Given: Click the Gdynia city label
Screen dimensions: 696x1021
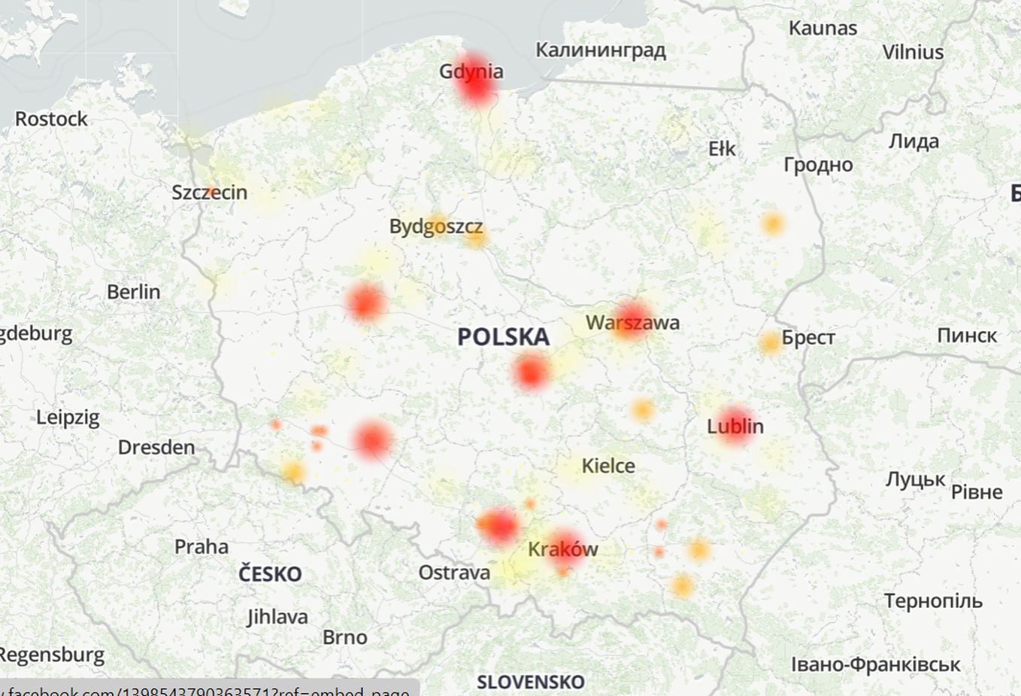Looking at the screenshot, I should point(471,71).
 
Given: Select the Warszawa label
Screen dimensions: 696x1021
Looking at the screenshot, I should point(632,323).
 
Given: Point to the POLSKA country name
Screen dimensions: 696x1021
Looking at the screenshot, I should point(503,337).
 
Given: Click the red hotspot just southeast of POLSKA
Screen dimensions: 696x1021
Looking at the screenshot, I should point(531,372).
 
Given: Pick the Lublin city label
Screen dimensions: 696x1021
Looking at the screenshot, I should point(735,427).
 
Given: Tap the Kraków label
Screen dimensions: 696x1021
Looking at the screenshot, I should point(562,549).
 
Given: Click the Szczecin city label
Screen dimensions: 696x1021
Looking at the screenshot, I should point(209,193).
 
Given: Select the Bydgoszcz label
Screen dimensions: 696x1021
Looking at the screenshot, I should point(435,226).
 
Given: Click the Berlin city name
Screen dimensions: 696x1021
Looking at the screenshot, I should point(133,292).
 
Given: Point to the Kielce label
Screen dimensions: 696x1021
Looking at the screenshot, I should point(607,467).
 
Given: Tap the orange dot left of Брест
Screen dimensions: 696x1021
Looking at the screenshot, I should point(770,343).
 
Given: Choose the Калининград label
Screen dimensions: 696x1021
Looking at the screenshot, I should point(600,50).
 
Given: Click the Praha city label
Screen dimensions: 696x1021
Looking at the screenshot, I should point(201,547).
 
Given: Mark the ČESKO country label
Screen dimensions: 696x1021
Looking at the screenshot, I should point(270,575).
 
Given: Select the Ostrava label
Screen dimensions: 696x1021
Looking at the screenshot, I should point(454,573).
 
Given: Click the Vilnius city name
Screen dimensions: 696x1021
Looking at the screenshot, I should point(912,53).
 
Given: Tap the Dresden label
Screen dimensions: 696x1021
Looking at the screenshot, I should point(156,448).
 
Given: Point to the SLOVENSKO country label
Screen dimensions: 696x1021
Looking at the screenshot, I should point(530,682).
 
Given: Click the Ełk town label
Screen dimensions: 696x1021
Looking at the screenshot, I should point(722,149).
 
